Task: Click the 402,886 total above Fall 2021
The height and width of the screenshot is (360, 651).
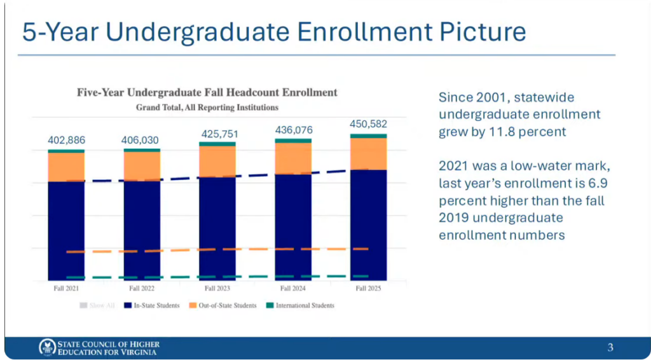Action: (66, 141)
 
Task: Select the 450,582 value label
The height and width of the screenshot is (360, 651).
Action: (369, 124)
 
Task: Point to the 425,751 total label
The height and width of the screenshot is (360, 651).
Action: (217, 134)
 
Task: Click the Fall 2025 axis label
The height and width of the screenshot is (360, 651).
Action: (368, 288)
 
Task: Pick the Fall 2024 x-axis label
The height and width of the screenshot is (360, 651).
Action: (292, 288)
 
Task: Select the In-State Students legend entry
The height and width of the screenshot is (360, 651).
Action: (152, 305)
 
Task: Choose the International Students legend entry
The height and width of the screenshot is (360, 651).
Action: (300, 305)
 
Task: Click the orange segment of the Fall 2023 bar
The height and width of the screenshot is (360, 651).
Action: (217, 162)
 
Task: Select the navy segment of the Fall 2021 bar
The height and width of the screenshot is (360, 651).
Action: (66, 231)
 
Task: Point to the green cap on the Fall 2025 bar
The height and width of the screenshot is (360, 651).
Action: (369, 135)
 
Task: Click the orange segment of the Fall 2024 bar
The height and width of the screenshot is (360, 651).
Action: (293, 158)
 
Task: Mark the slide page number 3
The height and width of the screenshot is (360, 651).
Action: (610, 347)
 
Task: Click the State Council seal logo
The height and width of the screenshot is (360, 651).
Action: (46, 347)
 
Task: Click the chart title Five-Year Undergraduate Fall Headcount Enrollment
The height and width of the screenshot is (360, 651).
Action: (207, 92)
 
